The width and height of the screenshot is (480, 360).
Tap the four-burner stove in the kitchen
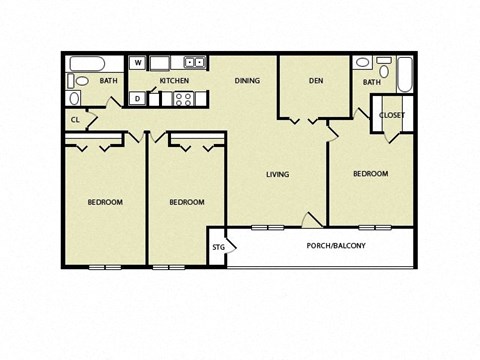click(184, 98)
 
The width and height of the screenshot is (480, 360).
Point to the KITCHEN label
click(174, 80)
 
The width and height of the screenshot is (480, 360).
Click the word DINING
click(249, 80)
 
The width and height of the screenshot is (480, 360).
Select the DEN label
click(315, 80)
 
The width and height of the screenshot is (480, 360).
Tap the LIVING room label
click(277, 175)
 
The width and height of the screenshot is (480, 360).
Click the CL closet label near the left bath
click(76, 120)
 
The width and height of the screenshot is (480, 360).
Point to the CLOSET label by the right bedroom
click(392, 115)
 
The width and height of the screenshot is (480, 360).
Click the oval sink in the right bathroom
click(362, 62)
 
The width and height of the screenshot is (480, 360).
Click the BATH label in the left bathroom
click(108, 80)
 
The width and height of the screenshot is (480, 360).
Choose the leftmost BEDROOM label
click(105, 202)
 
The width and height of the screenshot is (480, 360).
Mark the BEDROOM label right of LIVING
click(370, 174)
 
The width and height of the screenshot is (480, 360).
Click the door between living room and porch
click(312, 220)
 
